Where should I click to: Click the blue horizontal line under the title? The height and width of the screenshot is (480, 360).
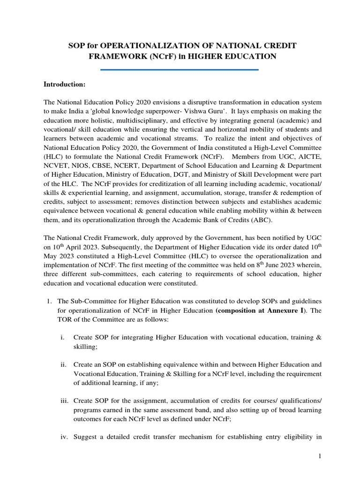coord(180,70)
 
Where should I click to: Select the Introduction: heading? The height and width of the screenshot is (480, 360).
coord(64,84)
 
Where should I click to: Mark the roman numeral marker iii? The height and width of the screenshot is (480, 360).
coord(63,399)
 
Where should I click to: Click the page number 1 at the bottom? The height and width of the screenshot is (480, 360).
coord(319,460)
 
